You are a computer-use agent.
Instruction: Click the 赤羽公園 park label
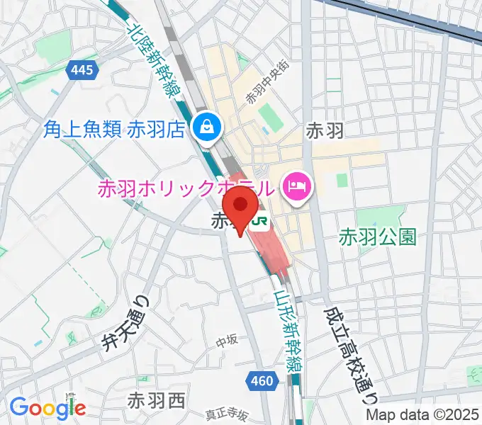(377, 236)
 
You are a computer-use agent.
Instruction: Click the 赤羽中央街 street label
(268, 82)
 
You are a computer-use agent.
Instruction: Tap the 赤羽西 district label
(156, 402)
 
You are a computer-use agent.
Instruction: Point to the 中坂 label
(227, 341)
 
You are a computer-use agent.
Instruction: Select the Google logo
(47, 408)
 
